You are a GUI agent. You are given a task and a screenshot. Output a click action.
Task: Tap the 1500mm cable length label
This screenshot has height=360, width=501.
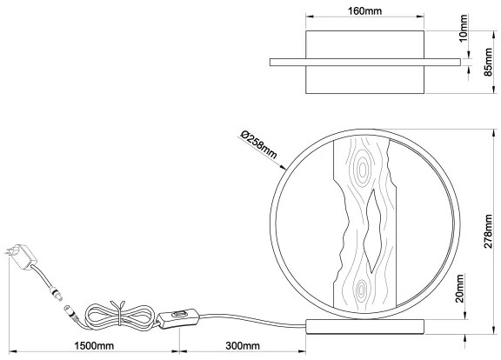pyautogui.click(x=93, y=347)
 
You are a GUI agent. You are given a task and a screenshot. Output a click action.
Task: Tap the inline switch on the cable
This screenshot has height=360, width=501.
pyautogui.click(x=180, y=318)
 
